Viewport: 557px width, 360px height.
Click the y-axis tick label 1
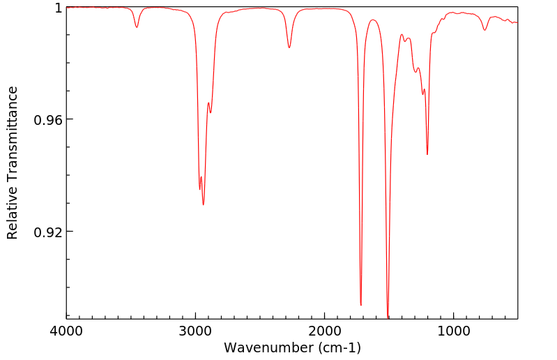59,8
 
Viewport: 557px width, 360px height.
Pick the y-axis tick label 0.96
49,119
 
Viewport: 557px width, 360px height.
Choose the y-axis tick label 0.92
49,232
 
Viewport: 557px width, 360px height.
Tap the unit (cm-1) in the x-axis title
339,347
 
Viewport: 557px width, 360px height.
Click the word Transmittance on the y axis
13,132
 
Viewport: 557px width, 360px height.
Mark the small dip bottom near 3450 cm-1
137,27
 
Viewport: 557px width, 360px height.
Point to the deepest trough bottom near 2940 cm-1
204,204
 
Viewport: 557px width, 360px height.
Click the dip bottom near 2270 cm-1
289,47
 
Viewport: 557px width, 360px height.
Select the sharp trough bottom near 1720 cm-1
361,305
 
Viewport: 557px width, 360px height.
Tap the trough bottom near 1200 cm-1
427,154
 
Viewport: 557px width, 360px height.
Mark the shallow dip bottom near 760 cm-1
484,30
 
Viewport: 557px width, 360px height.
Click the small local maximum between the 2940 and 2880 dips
208,103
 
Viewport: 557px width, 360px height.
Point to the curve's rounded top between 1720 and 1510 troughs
374,20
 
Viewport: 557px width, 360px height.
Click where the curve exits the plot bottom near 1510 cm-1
388,318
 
